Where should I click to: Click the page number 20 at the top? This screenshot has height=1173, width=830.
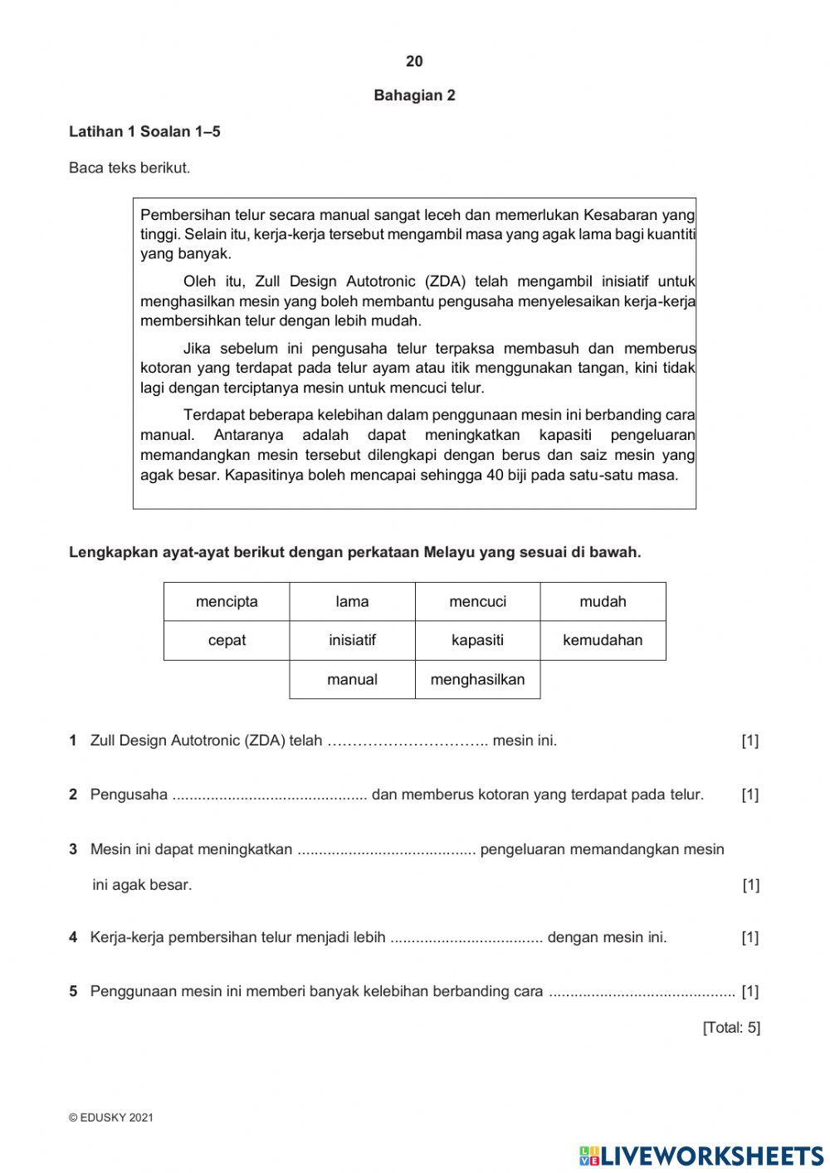pyautogui.click(x=414, y=61)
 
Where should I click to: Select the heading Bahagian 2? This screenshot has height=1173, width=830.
pyautogui.click(x=414, y=95)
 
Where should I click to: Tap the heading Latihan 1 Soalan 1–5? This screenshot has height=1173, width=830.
pyautogui.click(x=144, y=131)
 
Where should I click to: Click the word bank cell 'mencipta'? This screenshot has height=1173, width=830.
pyautogui.click(x=227, y=602)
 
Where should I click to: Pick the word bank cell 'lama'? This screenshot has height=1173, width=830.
pyautogui.click(x=352, y=602)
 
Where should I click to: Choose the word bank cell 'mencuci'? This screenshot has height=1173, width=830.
pyautogui.click(x=477, y=602)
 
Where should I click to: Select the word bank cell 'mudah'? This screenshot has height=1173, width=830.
pyautogui.click(x=603, y=602)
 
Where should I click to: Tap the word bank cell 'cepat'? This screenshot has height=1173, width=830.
pyautogui.click(x=227, y=640)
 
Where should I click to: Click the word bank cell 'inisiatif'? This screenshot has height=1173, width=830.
pyautogui.click(x=352, y=640)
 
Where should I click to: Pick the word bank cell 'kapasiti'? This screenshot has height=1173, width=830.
pyautogui.click(x=477, y=640)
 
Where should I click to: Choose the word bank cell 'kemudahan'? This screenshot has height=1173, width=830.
pyautogui.click(x=603, y=640)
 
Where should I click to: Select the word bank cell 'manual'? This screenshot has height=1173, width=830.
pyautogui.click(x=352, y=679)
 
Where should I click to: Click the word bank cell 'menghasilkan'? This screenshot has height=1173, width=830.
pyautogui.click(x=477, y=679)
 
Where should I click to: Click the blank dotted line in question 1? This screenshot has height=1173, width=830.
pyautogui.click(x=408, y=740)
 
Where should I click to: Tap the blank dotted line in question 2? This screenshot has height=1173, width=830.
pyautogui.click(x=269, y=795)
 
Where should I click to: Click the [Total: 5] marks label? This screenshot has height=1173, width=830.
pyautogui.click(x=731, y=1028)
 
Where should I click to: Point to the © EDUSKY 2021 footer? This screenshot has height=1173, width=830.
pyautogui.click(x=111, y=1117)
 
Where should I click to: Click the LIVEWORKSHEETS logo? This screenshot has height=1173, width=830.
pyautogui.click(x=701, y=1155)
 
